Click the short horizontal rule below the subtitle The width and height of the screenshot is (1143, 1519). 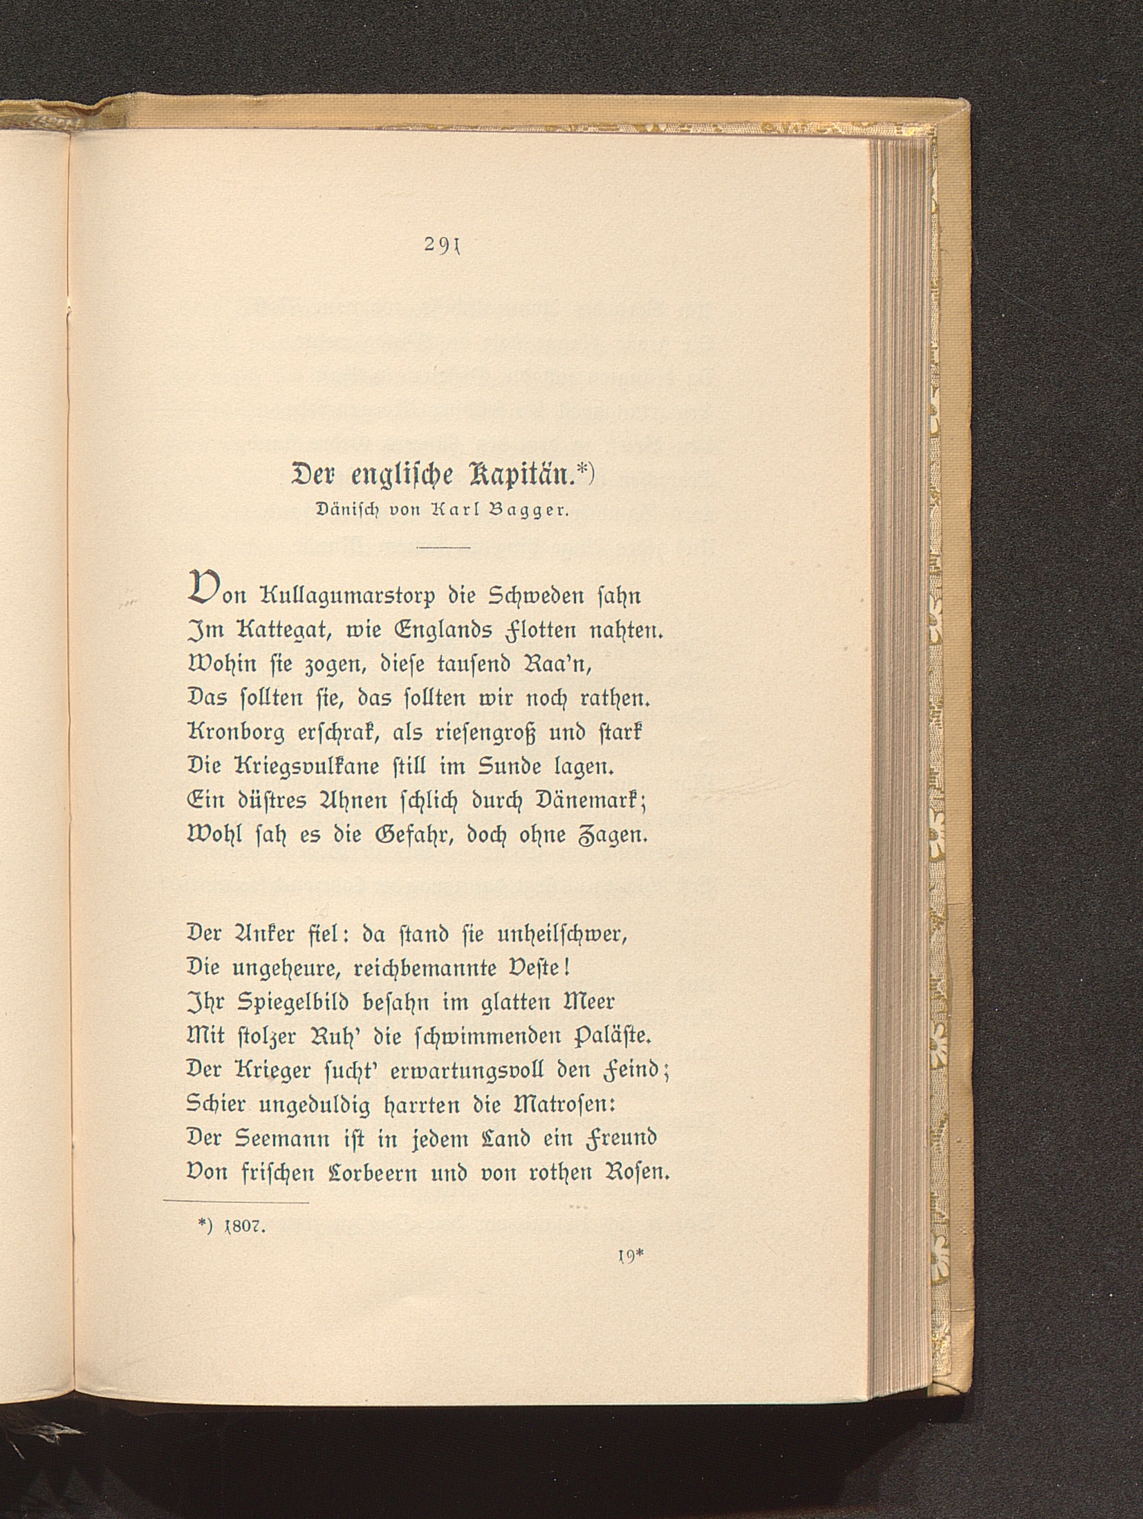443,548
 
